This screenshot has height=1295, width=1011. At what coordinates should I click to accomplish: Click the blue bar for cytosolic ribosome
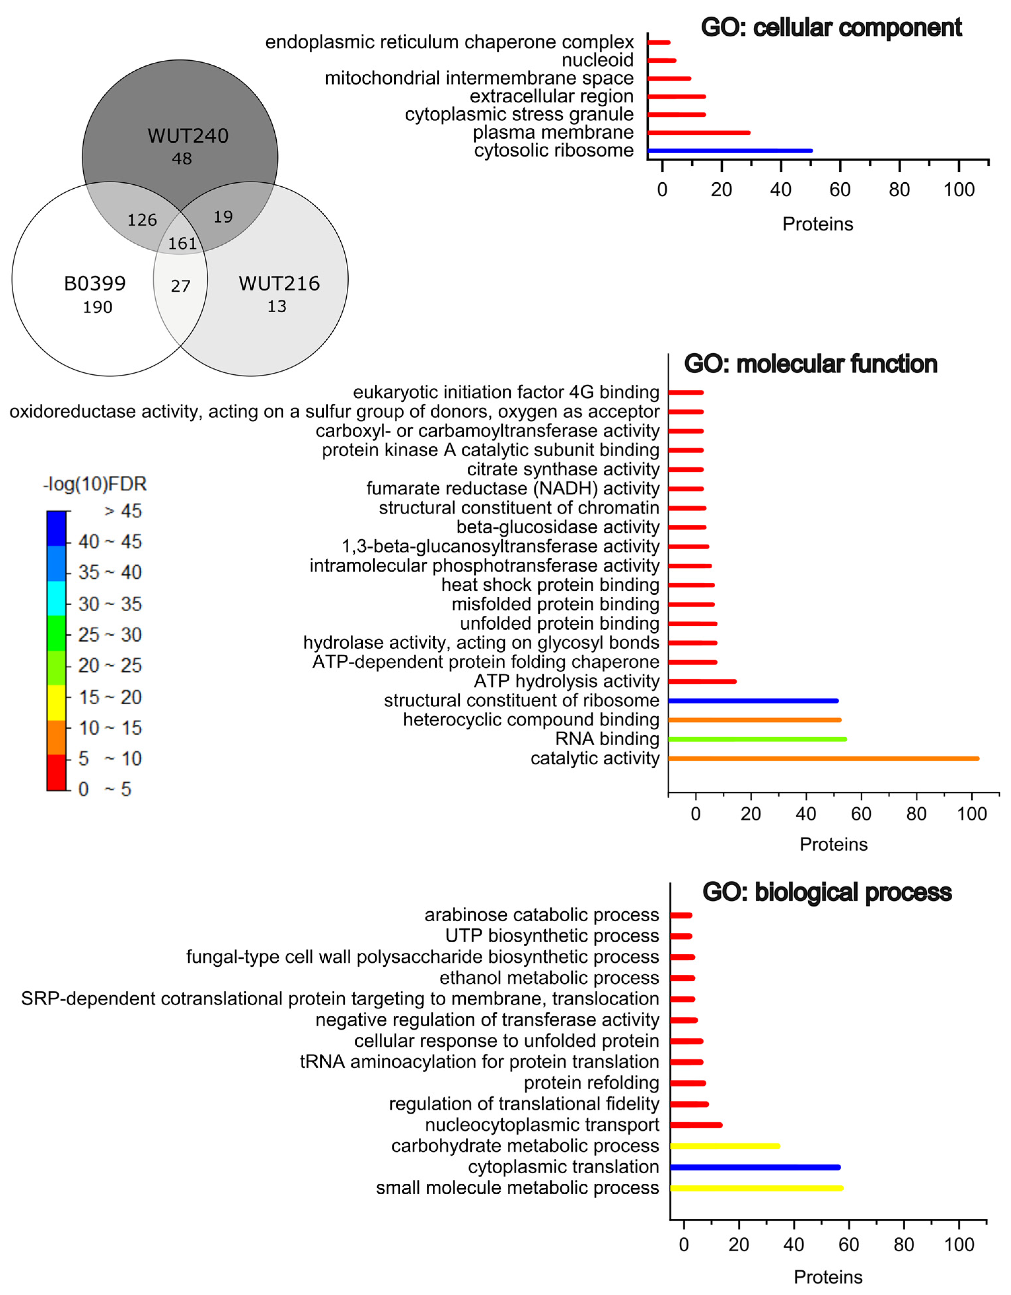(730, 151)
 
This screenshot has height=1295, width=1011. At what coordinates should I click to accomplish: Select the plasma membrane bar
(699, 133)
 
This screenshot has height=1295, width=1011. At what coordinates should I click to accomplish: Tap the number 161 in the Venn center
(182, 243)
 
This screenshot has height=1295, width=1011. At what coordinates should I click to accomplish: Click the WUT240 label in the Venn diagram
(188, 136)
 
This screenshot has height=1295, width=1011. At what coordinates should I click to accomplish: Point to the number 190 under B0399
(97, 307)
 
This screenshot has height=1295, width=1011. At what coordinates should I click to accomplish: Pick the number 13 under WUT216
(277, 306)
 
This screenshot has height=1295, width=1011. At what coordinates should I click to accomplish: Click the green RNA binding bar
(758, 739)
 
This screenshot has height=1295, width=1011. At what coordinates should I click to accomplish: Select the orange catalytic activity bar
(824, 758)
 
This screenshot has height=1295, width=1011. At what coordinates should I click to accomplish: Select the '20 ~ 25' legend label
(110, 665)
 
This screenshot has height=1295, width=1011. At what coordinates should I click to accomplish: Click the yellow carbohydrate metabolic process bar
(725, 1146)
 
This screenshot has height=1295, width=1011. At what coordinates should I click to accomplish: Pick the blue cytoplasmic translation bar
(755, 1167)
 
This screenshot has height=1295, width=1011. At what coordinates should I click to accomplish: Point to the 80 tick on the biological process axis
(904, 1244)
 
